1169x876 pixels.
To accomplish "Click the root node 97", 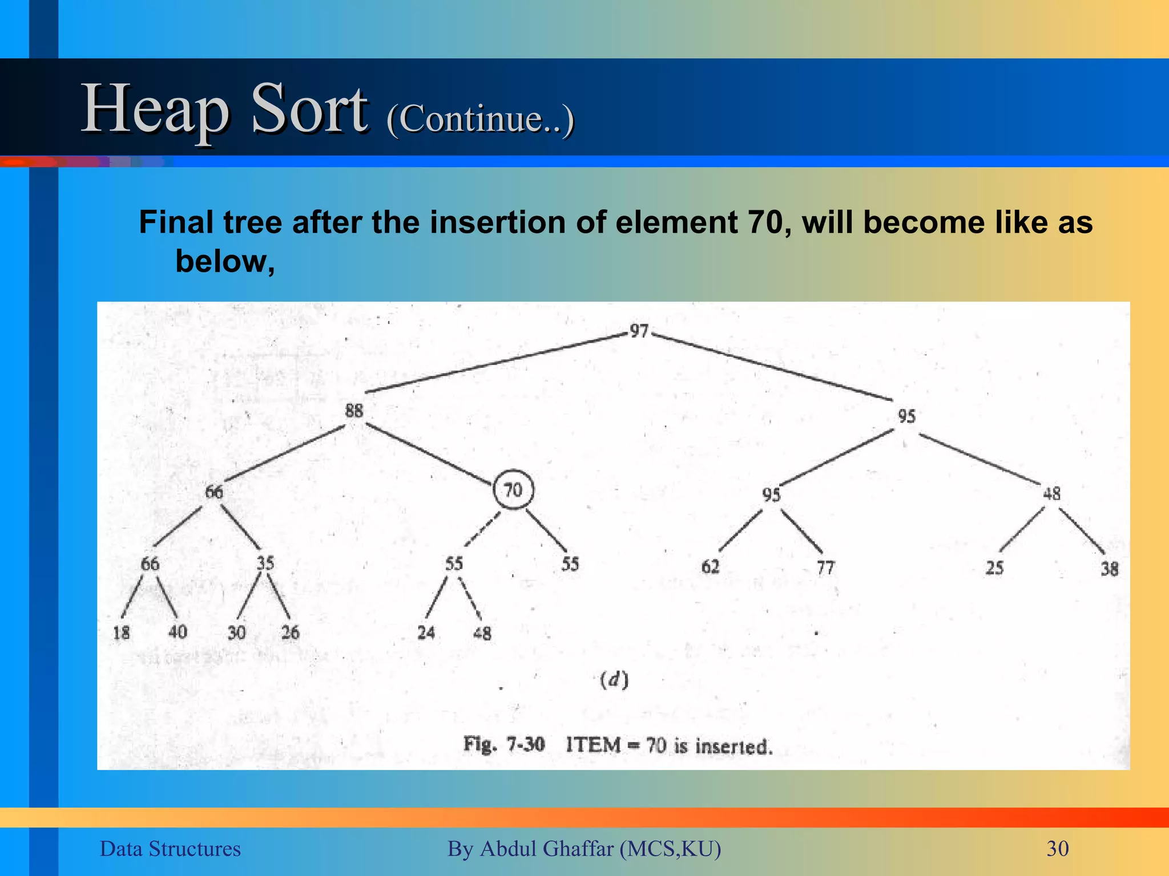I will pyautogui.click(x=639, y=331).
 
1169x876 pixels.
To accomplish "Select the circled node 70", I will pyautogui.click(x=513, y=489).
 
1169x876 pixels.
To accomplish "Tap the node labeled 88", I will pyautogui.click(x=354, y=410).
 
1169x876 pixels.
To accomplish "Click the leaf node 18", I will pyautogui.click(x=121, y=632).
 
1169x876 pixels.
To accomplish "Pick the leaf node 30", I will pyautogui.click(x=236, y=632).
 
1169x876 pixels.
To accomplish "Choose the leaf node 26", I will pyautogui.click(x=290, y=632).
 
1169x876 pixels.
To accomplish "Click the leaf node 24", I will pyautogui.click(x=426, y=632).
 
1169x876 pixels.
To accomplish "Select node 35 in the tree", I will pyautogui.click(x=265, y=563).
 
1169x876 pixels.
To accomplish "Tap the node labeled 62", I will pyautogui.click(x=710, y=567).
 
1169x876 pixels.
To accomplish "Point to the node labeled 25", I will pyautogui.click(x=994, y=568).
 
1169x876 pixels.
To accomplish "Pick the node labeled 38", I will pyautogui.click(x=1109, y=569).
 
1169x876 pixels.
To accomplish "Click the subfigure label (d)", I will pyautogui.click(x=614, y=680).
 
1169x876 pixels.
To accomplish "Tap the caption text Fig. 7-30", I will pyautogui.click(x=503, y=745).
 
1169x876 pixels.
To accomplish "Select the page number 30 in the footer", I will pyautogui.click(x=1057, y=849).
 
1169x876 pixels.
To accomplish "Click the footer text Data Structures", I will pyautogui.click(x=170, y=849).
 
